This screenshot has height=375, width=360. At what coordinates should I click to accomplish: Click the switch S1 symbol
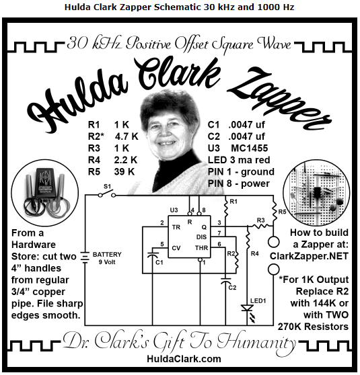[107, 194]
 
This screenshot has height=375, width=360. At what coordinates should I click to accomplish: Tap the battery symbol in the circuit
[85, 257]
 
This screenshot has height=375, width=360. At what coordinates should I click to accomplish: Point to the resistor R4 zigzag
[248, 240]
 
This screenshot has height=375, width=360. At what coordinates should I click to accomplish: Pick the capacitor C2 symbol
[225, 281]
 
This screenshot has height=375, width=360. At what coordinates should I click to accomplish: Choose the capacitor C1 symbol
[153, 255]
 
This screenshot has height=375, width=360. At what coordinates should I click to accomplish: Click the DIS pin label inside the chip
[201, 237]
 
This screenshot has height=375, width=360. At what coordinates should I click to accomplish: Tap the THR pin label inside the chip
[201, 248]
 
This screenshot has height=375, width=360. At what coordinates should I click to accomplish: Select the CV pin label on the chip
[176, 248]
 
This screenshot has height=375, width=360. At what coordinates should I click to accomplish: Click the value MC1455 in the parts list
[250, 149]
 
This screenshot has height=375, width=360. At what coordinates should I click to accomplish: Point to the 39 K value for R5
[124, 172]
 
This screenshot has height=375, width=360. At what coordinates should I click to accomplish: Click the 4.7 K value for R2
[127, 136]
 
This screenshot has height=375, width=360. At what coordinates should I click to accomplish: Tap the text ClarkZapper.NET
[309, 256]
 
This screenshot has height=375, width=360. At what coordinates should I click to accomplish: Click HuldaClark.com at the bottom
[184, 359]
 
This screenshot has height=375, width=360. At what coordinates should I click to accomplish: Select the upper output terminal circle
[273, 241]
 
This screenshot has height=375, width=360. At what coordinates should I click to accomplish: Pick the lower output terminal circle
[273, 269]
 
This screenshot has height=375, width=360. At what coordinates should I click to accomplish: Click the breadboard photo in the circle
[316, 193]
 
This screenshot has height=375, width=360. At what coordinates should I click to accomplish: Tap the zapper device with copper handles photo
[45, 193]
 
